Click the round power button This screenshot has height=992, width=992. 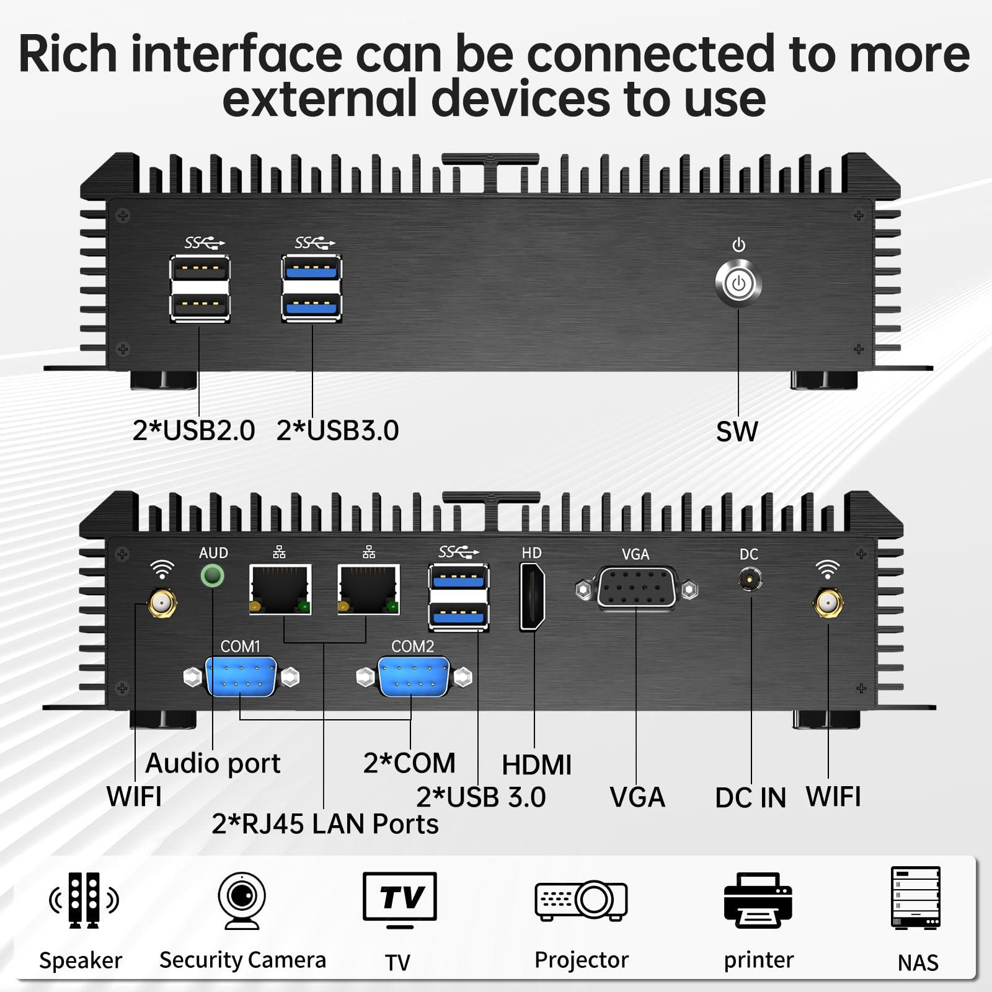[x=738, y=285]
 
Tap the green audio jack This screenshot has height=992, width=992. [x=213, y=576]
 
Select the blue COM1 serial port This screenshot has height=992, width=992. [x=241, y=677]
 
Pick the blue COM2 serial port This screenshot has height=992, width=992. [x=414, y=677]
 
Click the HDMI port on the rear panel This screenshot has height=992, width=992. [x=532, y=598]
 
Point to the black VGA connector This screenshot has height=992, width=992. [x=637, y=588]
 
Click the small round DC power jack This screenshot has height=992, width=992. [x=750, y=580]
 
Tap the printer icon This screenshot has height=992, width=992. [x=758, y=900]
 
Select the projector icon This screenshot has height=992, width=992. [x=581, y=900]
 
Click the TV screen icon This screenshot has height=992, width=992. [x=400, y=900]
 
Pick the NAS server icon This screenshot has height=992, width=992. [x=916, y=898]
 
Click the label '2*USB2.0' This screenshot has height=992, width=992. [x=193, y=430]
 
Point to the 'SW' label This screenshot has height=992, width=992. [x=737, y=432]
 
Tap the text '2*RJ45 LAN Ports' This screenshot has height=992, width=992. [x=325, y=824]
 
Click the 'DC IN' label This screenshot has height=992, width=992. [x=750, y=798]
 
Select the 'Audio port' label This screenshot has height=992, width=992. [x=213, y=763]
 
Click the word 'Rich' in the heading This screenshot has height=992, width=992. [x=68, y=54]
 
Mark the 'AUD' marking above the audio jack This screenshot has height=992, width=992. [x=213, y=552]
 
